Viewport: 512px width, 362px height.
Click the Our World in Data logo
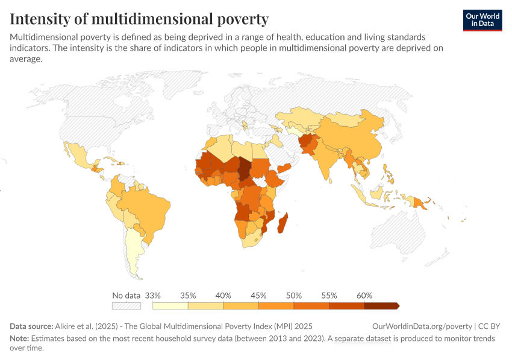pos(482,20)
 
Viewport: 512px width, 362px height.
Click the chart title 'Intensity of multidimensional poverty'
pos(139,19)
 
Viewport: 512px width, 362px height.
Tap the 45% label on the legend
pos(258,296)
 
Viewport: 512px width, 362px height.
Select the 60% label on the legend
pos(364,296)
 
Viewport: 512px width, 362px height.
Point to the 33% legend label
pos(153,296)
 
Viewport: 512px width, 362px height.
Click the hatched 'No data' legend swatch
pos(126,306)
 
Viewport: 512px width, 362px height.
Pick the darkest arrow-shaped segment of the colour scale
pos(381,306)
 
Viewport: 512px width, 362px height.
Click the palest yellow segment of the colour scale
pos(170,306)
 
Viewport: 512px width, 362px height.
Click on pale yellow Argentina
pos(134,253)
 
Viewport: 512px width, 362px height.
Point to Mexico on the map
pos(81,156)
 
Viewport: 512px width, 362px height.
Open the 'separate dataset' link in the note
pos(363,338)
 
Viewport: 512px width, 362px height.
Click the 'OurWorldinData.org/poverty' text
pos(420,326)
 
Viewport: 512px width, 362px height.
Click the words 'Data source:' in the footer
pos(30,326)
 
